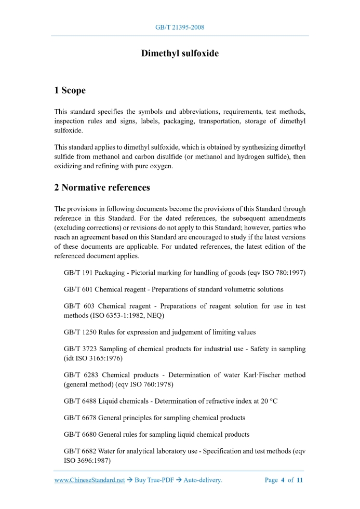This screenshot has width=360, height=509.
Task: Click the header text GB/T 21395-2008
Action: coord(180,27)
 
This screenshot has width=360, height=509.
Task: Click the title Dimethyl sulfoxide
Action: coord(180,53)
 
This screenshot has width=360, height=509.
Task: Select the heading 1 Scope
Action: coord(70,90)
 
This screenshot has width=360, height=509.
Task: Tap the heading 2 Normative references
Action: coord(102,187)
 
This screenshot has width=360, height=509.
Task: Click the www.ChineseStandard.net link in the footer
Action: coord(89,480)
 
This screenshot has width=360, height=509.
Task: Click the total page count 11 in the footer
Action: coord(300,480)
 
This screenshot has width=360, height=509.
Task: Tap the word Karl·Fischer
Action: coord(251,375)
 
